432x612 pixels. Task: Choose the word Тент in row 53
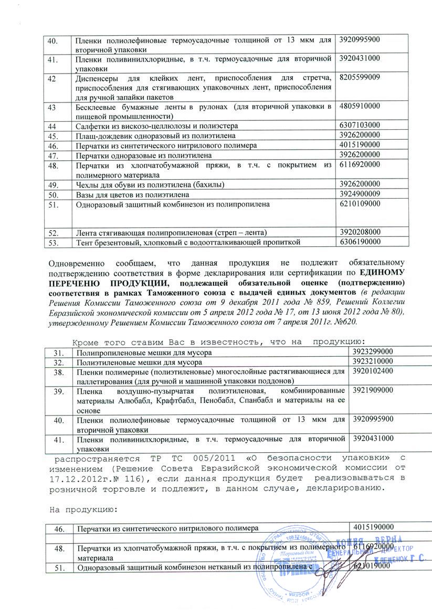pos(85,242)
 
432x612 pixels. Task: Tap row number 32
pos(61,362)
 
